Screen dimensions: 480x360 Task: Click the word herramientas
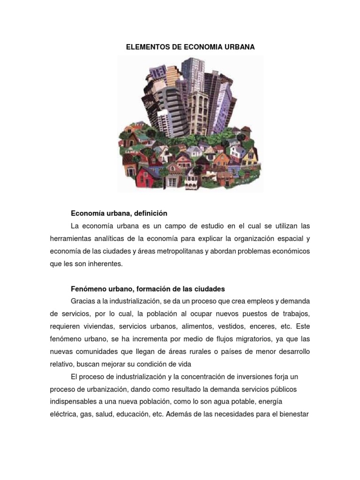[x=71, y=239]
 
